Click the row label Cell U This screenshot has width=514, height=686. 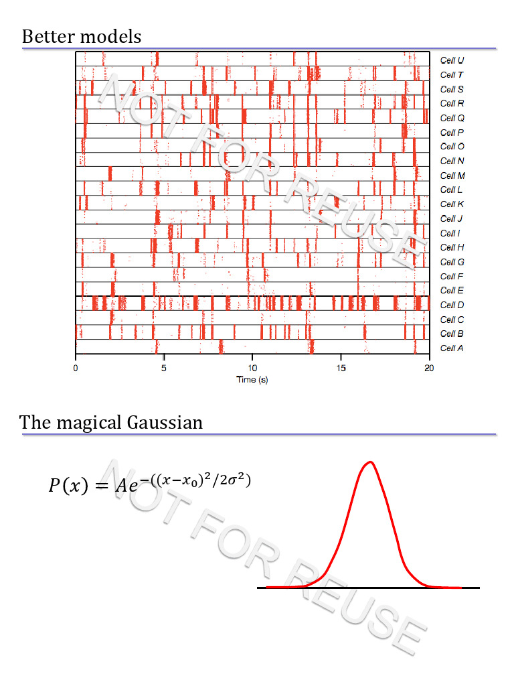click(x=452, y=60)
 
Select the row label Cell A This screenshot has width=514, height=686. click(x=452, y=348)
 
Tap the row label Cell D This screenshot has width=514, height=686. click(x=452, y=305)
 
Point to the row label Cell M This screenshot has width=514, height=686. click(x=452, y=176)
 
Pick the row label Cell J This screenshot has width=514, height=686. click(x=452, y=219)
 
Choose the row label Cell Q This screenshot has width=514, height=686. click(x=452, y=118)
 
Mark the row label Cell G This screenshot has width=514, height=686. click(x=452, y=262)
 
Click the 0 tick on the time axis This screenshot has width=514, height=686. click(x=76, y=367)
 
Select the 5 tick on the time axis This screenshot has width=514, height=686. click(x=164, y=367)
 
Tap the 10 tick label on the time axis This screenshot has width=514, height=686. click(x=252, y=367)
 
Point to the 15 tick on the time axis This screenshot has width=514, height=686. click(x=341, y=367)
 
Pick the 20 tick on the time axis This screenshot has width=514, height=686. click(x=429, y=367)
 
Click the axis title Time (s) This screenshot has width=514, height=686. click(x=252, y=380)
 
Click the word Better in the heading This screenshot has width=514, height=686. click(x=48, y=36)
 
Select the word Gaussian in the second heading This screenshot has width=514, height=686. click(x=163, y=423)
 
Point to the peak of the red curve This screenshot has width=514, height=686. click(x=369, y=462)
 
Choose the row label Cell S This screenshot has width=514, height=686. click(x=452, y=89)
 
